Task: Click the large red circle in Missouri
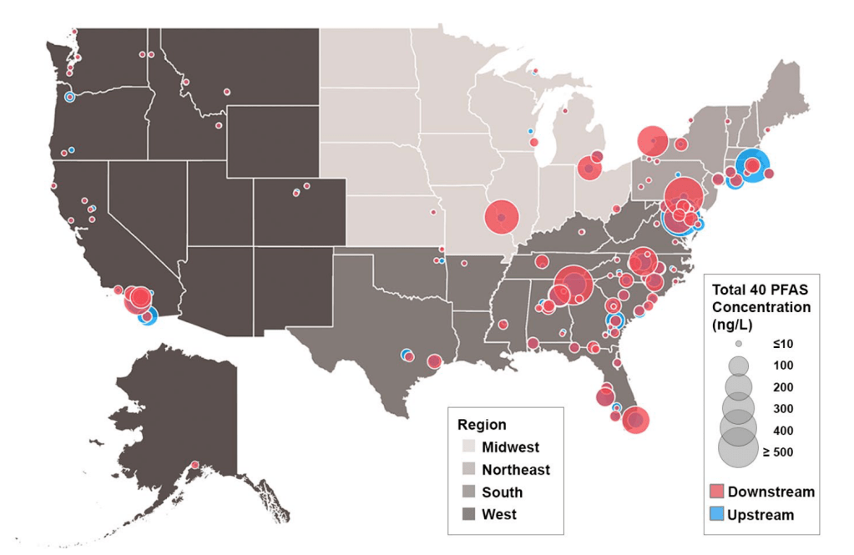(x=502, y=218)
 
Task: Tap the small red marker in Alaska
(x=195, y=465)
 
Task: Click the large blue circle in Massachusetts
(x=751, y=165)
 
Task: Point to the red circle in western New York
(x=652, y=141)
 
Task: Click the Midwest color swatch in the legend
(x=468, y=447)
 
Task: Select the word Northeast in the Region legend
(x=515, y=470)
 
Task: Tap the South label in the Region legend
(x=502, y=492)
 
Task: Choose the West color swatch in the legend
(x=468, y=514)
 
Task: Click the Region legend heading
(x=482, y=425)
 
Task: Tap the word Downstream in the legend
(x=771, y=492)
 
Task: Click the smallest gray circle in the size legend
(x=738, y=344)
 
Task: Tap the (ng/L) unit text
(x=734, y=324)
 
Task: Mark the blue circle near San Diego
(x=148, y=316)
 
